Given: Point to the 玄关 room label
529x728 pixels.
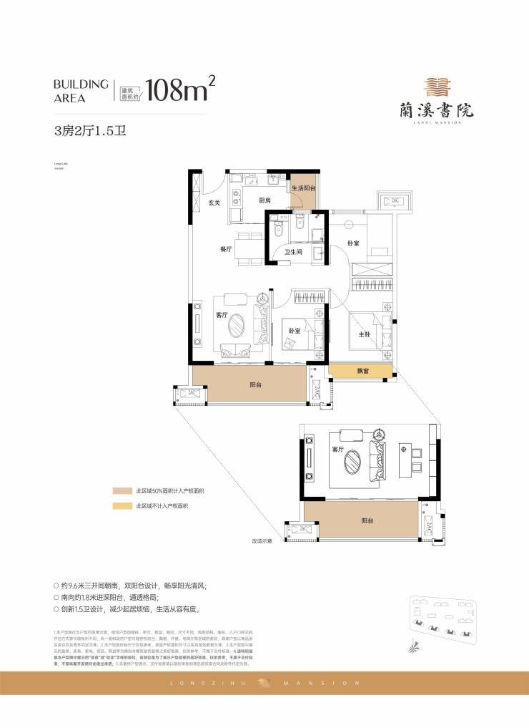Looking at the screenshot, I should (214, 203).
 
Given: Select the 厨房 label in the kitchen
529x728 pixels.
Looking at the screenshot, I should (264, 200).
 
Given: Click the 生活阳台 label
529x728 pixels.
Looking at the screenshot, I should (303, 188).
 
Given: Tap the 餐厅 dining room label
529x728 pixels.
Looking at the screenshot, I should (227, 249).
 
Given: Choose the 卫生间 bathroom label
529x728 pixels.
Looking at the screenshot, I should (294, 252).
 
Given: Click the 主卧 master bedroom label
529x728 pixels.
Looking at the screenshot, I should (364, 334).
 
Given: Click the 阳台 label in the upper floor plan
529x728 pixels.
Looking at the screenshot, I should (255, 385).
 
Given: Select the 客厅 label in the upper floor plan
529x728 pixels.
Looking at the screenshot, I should (222, 315).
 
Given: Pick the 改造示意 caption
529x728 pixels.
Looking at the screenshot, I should (264, 541).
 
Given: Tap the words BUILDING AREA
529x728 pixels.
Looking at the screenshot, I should (81, 90).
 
